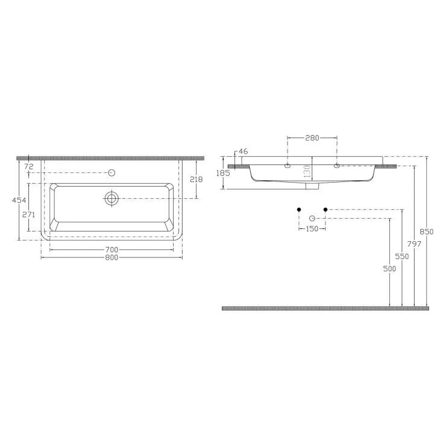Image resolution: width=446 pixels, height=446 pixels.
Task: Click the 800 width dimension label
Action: coord(111,257)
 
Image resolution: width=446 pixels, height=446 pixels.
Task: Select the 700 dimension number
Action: coord(111,250)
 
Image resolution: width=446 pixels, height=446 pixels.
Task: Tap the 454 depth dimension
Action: coord(19,200)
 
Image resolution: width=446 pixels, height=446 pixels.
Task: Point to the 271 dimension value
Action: coord(29,215)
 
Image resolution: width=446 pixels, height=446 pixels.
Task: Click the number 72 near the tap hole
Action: coord(29,167)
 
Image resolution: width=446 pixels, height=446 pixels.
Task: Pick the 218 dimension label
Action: coord(196,180)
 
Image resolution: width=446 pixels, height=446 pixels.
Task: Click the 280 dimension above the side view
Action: coord(312,138)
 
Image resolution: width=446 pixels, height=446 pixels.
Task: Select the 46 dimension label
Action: coord(243,151)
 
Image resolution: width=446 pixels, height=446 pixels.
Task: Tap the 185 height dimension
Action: coord(223,172)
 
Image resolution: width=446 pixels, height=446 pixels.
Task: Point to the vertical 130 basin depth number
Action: coord(307,172)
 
